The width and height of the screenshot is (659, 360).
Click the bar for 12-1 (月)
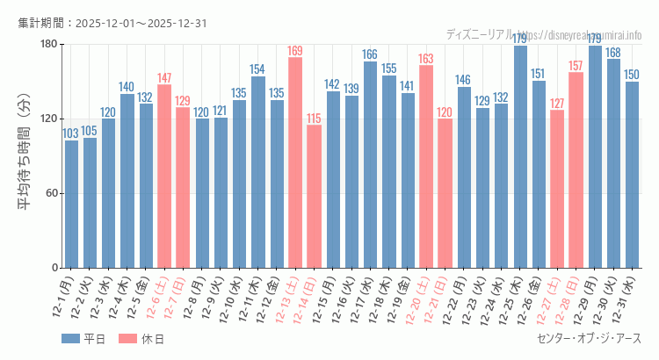pos(71,204)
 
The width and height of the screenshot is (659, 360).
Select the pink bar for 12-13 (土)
pos(295,162)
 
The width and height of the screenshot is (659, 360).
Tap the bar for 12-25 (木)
pos(520,156)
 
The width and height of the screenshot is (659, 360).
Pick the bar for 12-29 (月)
pos(595,156)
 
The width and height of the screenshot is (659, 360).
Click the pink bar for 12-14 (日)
pos(314,196)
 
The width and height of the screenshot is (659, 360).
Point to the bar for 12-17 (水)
pos(370,164)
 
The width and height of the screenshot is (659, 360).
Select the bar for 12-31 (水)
pos(632,175)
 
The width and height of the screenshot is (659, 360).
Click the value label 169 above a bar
pos(295,51)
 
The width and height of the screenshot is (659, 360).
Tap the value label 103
pos(71,133)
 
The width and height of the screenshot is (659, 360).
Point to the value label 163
pos(426,59)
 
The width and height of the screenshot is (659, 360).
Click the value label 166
pos(370,54)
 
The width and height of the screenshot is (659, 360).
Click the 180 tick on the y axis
pos(48,44)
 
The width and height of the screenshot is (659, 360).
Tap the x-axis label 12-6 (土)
pos(158,296)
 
